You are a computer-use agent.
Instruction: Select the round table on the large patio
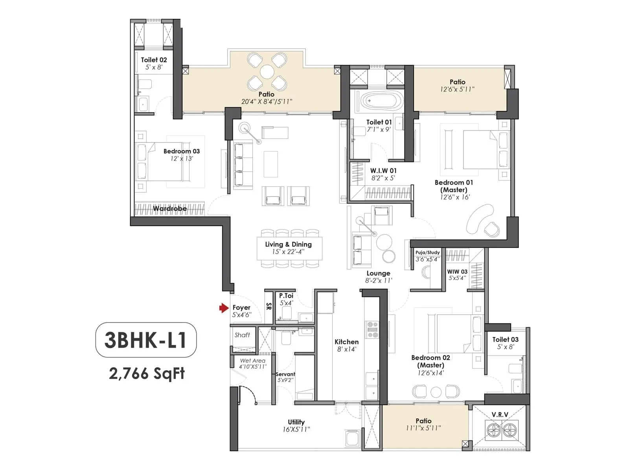(267, 72)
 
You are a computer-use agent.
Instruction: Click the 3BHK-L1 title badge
(146, 340)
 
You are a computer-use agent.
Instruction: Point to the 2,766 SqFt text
(147, 373)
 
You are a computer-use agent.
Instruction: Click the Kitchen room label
(346, 342)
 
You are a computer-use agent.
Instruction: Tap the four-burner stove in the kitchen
(372, 330)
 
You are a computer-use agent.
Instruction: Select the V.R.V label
(500, 415)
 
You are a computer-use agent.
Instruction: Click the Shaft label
(242, 335)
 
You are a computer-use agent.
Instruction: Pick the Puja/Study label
(428, 253)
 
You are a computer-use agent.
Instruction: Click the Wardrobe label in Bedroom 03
(170, 208)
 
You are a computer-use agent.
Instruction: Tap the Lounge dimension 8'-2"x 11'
(378, 280)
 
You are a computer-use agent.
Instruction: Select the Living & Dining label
(288, 244)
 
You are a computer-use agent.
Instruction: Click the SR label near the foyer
(269, 306)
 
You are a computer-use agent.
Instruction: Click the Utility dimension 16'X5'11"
(296, 430)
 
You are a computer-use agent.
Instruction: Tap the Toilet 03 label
(505, 339)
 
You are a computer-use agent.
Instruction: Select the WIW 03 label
(457, 271)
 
